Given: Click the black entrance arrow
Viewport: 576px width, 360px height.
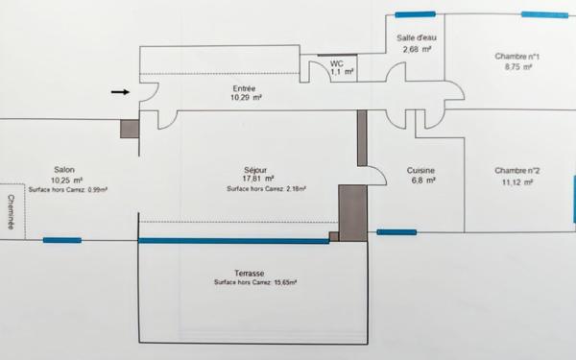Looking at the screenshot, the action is point(120,92).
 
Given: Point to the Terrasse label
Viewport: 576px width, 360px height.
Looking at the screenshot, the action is point(254,273).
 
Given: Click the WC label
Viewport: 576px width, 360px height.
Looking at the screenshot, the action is point(337,62).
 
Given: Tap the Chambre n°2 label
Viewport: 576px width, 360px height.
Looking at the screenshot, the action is point(516,170).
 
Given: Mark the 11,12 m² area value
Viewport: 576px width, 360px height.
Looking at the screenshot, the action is point(516,180).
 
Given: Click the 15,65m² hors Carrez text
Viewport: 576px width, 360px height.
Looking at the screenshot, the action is point(254,283).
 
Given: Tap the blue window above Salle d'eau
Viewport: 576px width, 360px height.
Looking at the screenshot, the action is point(414,13).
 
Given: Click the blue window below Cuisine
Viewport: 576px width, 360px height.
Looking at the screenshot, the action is point(396,231).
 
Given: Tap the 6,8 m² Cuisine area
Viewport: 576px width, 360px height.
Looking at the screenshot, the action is point(422,179).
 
